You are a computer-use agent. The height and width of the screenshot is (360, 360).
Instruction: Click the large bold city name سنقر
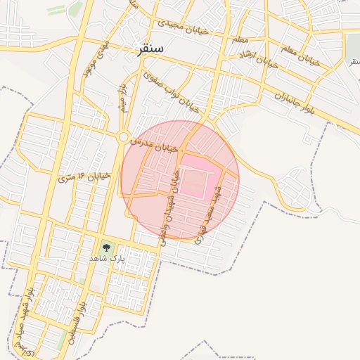point(148,49)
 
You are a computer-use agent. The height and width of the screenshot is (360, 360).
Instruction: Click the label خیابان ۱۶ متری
point(85,176)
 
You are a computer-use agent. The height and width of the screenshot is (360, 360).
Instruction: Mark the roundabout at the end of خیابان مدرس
point(124,137)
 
